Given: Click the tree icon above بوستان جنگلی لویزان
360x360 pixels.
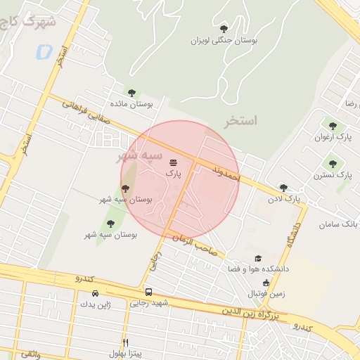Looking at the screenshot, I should tap(224, 29).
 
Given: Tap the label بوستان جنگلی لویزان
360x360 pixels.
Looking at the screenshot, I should tap(224, 41).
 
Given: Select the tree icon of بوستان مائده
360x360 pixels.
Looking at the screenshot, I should tap(131, 92).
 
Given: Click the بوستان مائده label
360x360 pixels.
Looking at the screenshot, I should tap(131, 104).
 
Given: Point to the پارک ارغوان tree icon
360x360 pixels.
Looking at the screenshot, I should tap(333, 126).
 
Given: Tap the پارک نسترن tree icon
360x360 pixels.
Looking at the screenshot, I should tap(333, 164).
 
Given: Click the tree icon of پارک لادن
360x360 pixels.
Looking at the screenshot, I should tap(283, 188).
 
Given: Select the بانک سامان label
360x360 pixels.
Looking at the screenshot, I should tap(338, 224).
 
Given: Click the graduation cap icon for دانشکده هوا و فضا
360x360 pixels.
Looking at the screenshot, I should tap(258, 259).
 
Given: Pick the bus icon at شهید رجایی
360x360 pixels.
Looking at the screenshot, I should tap(148, 292).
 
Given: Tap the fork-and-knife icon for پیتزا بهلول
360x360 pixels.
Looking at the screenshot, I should tap(125, 342).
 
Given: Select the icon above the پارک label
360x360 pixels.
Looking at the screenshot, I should tap(173, 163).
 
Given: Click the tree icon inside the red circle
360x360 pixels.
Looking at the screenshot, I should tap(125, 188).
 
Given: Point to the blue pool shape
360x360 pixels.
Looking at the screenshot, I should tap(43, 51).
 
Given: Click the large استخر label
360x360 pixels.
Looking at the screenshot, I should tap(240, 121).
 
